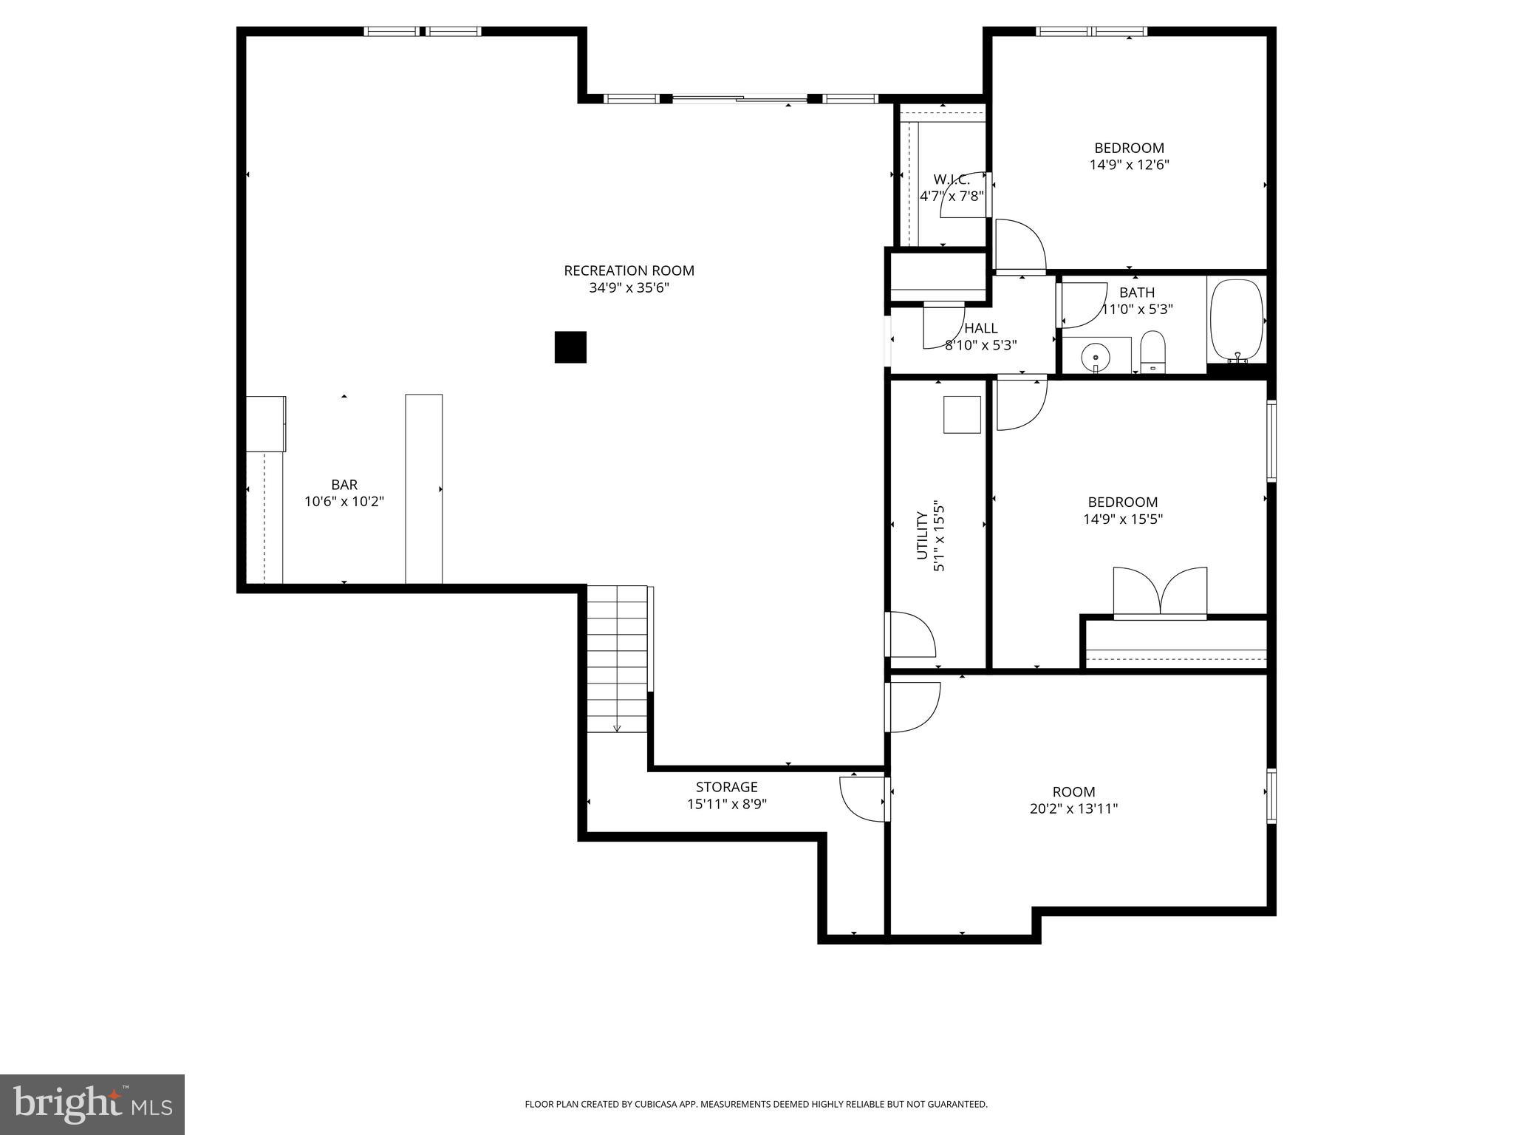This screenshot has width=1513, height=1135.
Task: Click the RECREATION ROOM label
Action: (629, 270)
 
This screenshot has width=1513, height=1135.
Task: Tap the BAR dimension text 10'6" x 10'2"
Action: (344, 502)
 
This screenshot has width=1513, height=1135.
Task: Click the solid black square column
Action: (570, 347)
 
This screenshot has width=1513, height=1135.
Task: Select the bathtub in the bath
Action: (1237, 320)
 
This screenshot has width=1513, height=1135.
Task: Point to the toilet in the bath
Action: (1152, 352)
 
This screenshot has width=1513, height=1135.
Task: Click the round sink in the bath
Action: (1095, 358)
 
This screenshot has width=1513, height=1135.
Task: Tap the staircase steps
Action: (618, 658)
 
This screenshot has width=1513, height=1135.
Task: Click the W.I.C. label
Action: (952, 180)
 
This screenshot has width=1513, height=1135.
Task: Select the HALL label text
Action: (981, 328)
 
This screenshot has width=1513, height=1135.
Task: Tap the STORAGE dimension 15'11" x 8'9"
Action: (727, 804)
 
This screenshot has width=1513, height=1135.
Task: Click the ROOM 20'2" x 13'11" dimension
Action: (1073, 809)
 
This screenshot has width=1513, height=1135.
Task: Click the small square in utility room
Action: (962, 415)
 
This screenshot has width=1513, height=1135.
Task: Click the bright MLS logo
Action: (92, 1105)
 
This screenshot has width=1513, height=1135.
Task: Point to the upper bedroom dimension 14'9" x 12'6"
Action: (1129, 165)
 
